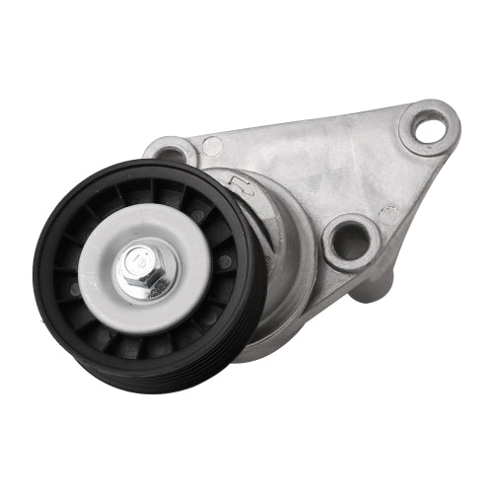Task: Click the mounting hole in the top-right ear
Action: [x=430, y=126]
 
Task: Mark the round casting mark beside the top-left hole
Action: [x=212, y=147]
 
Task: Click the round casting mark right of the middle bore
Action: [x=388, y=214]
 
